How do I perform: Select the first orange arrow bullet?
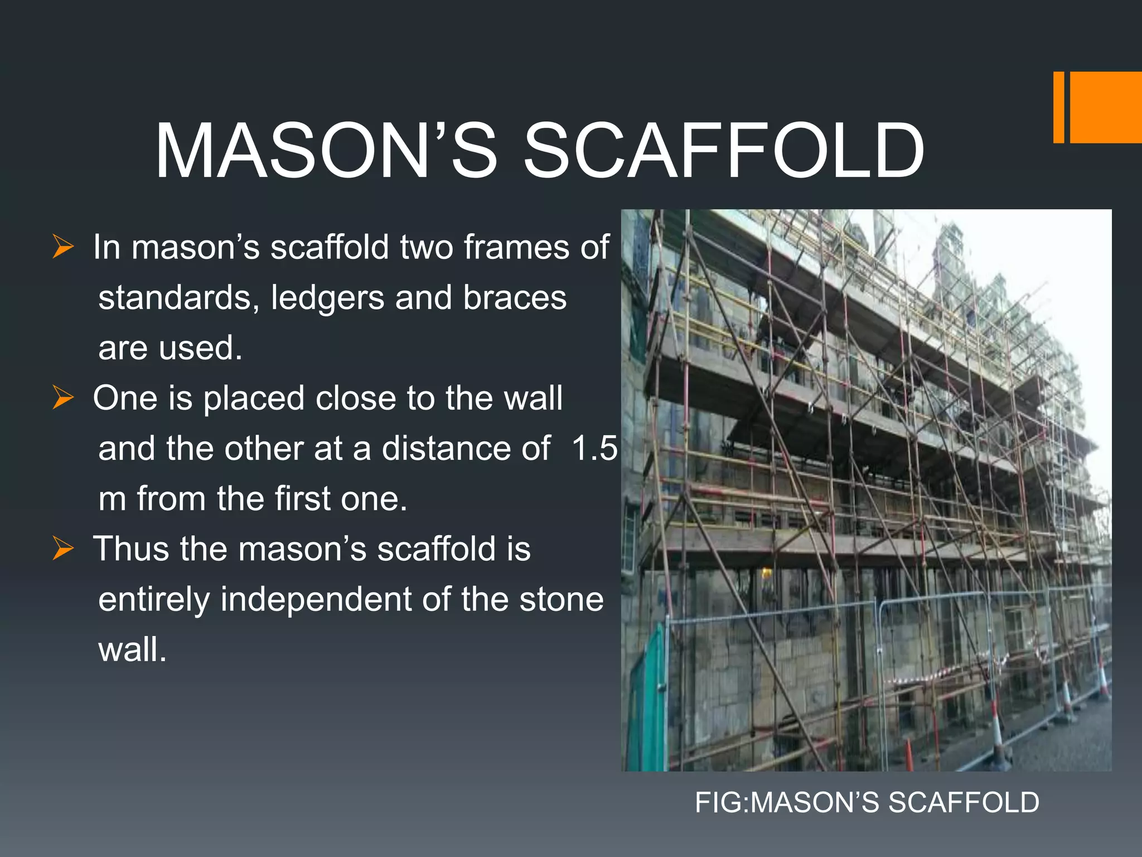pos(63,247)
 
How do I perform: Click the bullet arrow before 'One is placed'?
pos(63,398)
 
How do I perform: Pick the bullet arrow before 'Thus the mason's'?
pos(63,548)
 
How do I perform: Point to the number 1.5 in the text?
pos(594,448)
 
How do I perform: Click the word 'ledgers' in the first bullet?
pos(327,297)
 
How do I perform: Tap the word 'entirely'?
pos(153,599)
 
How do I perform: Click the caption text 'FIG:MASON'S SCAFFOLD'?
pos(867,802)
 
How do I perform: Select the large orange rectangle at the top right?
pos(1106,107)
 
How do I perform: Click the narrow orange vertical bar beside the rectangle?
pos(1058,107)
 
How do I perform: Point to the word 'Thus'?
pos(131,548)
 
